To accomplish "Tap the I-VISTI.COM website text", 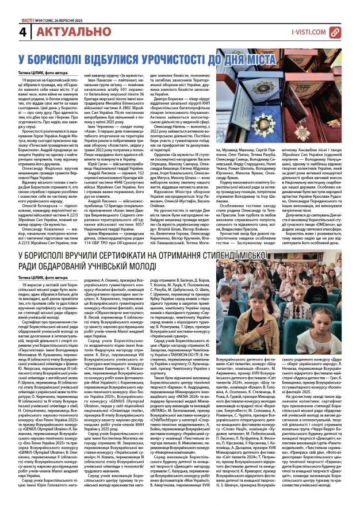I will (311, 33).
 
